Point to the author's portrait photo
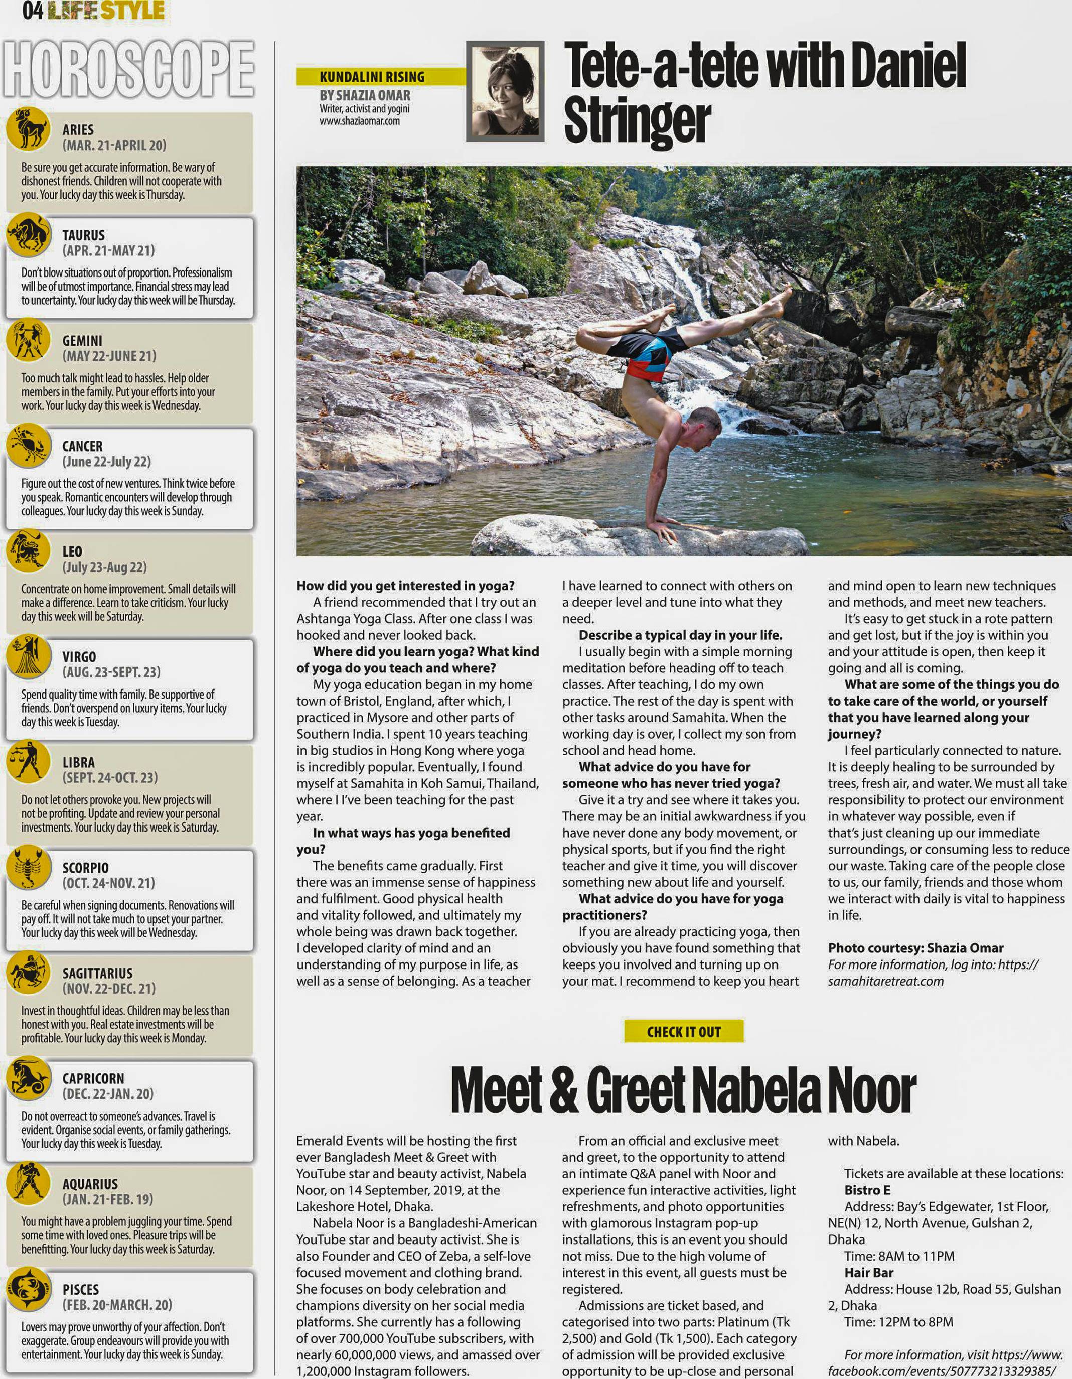pyautogui.click(x=505, y=91)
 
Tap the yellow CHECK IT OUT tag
pyautogui.click(x=683, y=1032)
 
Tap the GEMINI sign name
pyautogui.click(x=82, y=341)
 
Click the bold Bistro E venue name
pyautogui.click(x=867, y=1190)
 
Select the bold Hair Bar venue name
pyautogui.click(x=869, y=1272)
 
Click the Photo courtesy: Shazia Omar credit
pyautogui.click(x=915, y=948)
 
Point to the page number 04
pyautogui.click(x=32, y=11)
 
